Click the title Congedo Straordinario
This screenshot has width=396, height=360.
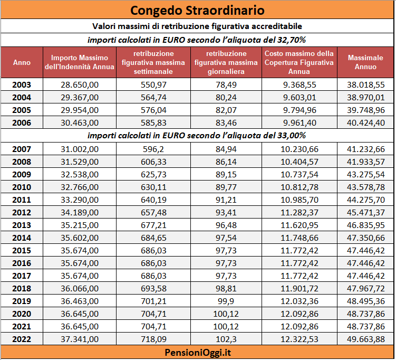tap(197, 11)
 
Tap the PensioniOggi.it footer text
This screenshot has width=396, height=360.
tap(198, 353)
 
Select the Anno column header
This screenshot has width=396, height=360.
tap(22, 62)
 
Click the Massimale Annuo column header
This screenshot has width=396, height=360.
tap(365, 62)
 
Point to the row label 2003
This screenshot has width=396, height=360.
tap(22, 84)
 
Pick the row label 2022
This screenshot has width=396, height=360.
tap(22, 339)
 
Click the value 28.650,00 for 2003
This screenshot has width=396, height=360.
tap(80, 84)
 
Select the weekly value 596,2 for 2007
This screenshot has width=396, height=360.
tap(153, 149)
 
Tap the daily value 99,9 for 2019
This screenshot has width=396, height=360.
tap(226, 301)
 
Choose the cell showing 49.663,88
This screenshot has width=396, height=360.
tap(366, 339)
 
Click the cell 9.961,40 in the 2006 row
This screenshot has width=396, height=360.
tap(300, 122)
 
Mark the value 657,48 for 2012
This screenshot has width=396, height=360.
tap(153, 212)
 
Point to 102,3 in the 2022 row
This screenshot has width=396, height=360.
tap(226, 339)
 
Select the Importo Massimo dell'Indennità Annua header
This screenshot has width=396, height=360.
tap(80, 62)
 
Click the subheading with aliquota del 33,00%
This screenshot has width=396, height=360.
tap(197, 136)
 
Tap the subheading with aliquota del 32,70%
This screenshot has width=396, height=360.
tap(197, 40)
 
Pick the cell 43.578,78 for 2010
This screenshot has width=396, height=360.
tap(366, 187)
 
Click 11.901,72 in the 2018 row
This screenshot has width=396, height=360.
tap(300, 288)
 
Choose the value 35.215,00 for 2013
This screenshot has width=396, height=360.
tap(80, 225)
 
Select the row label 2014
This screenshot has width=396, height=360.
tap(22, 238)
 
